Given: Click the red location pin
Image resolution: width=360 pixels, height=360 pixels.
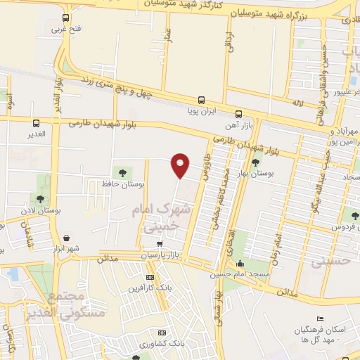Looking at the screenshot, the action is point(181,165).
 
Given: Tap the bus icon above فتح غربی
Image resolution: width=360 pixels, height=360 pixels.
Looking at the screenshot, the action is point(65,18).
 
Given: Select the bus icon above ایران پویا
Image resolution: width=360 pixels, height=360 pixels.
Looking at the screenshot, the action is point(202,100).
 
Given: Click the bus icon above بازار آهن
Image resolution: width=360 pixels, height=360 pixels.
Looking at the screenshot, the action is point(238,114).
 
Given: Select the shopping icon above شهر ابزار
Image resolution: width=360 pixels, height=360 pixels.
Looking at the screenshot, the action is point(65,238).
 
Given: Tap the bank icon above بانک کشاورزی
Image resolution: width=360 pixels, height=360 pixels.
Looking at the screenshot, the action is point(162,333).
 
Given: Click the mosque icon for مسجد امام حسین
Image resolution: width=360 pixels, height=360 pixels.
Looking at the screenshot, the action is point(241,264).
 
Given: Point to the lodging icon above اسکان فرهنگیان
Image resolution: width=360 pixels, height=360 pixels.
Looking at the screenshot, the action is point(321,321).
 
